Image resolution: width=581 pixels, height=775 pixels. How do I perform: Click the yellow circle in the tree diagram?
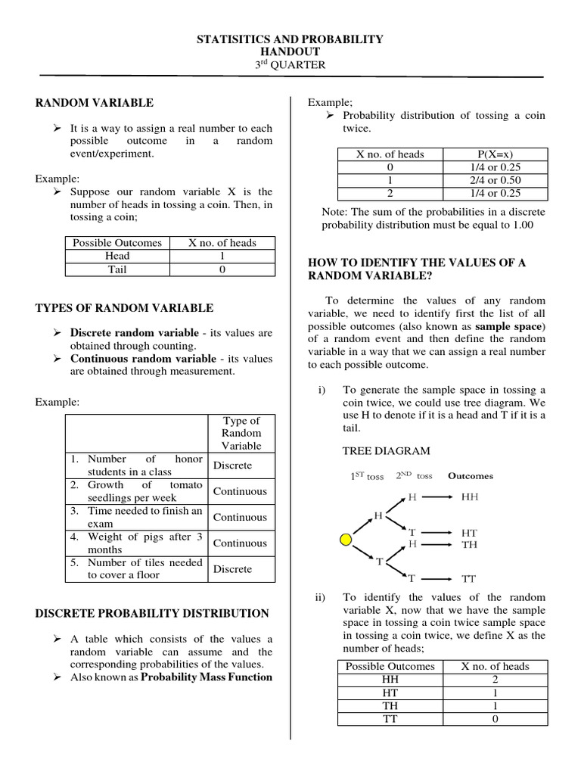pos(346,540)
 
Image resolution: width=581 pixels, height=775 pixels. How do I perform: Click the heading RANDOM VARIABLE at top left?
pos(95,102)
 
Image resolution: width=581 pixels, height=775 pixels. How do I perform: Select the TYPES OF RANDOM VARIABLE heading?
pos(124,308)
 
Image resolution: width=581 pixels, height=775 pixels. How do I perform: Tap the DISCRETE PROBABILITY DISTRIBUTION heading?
pos(152,613)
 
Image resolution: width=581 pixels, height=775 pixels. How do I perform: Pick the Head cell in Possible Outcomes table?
pos(117,256)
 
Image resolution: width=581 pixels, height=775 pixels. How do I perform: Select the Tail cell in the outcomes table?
pos(117,269)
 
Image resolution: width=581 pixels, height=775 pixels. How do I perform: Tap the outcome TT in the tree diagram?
pos(469,579)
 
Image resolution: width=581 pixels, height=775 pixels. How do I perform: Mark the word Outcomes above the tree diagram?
pos(470,476)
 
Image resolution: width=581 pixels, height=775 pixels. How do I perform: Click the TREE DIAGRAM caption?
pos(386,451)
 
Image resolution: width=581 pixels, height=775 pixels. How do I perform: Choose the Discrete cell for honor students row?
pos(232,465)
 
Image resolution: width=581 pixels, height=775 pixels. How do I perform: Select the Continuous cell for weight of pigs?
pos(240,543)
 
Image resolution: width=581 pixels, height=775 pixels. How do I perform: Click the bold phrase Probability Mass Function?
pos(207,677)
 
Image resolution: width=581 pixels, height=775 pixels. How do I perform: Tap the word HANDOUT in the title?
pos(290,51)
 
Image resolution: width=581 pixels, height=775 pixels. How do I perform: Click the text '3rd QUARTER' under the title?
pos(290,65)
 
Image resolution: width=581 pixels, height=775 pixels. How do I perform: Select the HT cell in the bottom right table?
pos(390,693)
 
